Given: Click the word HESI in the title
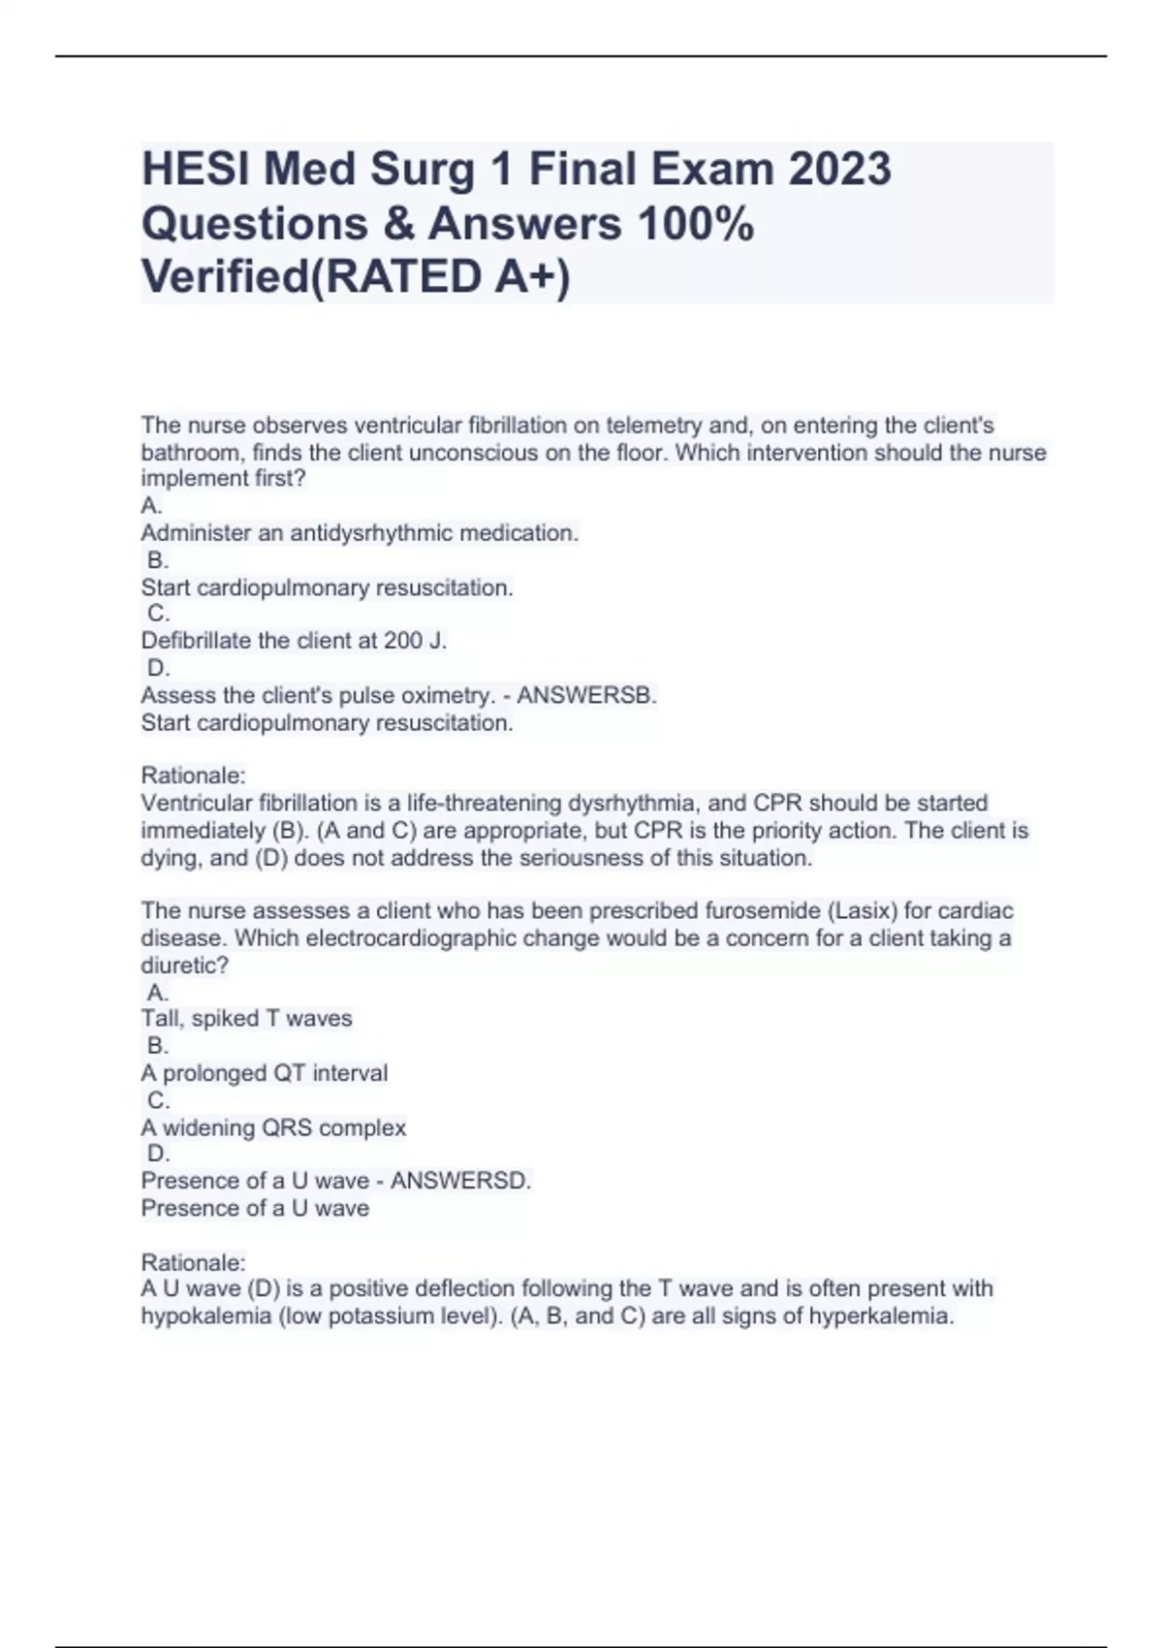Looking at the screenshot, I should [195, 170].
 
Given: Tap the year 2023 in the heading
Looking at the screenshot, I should [839, 170].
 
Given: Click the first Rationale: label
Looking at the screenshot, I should [194, 776].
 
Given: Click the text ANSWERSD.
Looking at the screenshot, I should [461, 1181].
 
